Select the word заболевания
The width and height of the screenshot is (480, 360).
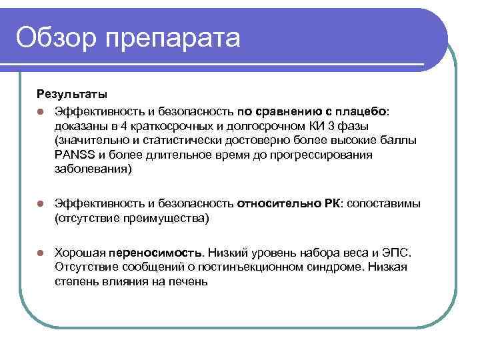(91, 169)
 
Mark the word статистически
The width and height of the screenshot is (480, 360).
(167, 140)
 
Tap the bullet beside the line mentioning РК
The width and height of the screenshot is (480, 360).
(41, 203)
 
